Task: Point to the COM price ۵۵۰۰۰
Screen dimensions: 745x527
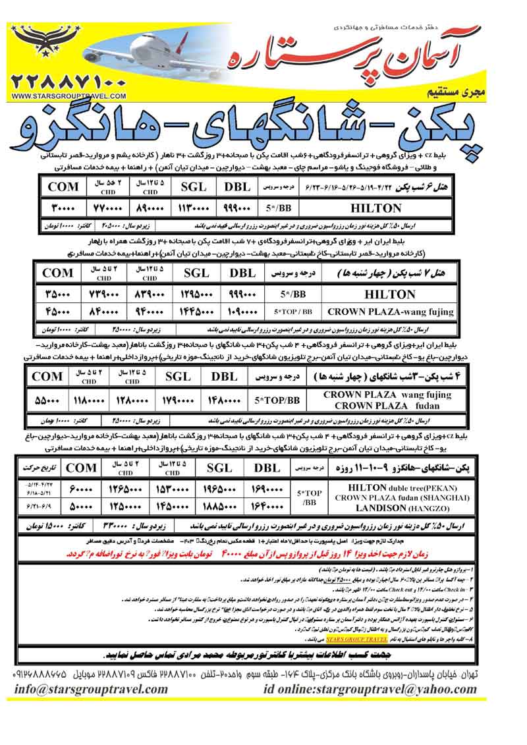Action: point(47,400)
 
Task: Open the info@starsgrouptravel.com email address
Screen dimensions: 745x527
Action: point(86,690)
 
